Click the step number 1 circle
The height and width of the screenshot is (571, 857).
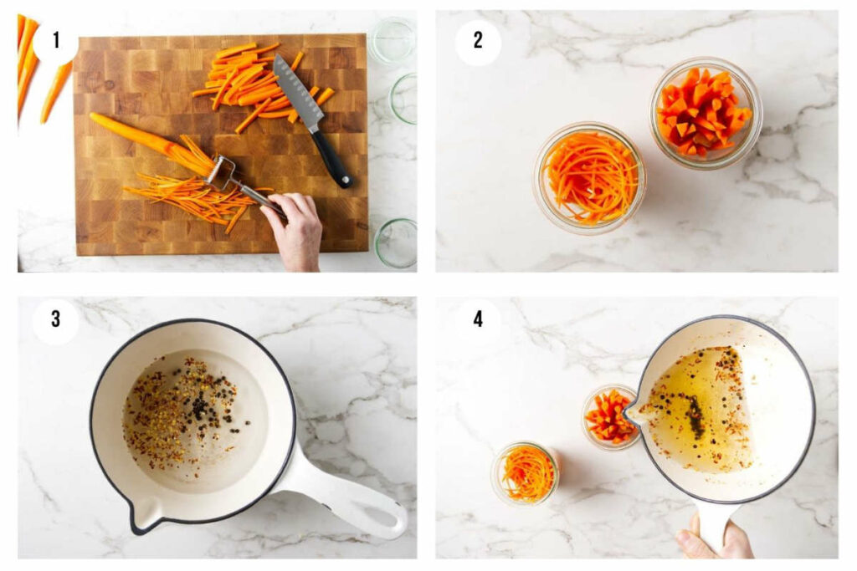(55, 40)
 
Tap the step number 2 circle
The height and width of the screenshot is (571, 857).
(478, 40)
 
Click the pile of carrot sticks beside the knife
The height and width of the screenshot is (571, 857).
(243, 84)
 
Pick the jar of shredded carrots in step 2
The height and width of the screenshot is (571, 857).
(590, 177)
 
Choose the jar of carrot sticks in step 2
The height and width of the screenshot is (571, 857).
(705, 113)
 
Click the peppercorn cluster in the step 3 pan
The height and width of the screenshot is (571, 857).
(199, 407)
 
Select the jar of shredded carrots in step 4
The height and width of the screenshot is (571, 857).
(526, 473)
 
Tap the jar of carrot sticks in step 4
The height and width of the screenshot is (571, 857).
(609, 416)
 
